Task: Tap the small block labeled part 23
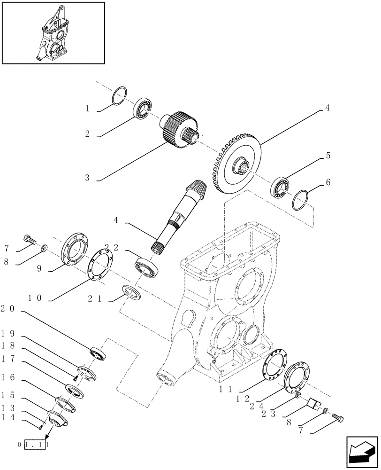coord(313,403)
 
